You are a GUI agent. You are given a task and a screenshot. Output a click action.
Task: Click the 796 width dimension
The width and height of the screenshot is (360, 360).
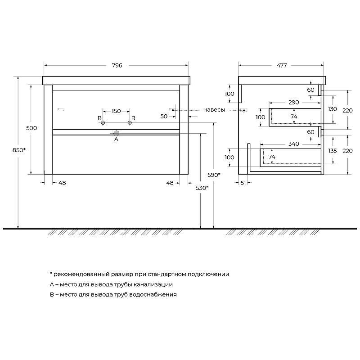(117, 65)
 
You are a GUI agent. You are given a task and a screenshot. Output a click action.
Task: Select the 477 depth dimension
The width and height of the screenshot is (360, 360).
(282, 65)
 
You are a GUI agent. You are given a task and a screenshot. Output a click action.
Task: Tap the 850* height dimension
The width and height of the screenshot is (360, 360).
(19, 150)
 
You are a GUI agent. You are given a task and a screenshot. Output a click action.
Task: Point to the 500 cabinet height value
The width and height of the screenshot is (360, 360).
(31, 128)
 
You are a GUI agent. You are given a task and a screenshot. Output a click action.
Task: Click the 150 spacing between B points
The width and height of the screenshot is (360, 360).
(116, 111)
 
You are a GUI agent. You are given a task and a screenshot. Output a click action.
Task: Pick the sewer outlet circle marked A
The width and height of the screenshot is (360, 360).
(117, 133)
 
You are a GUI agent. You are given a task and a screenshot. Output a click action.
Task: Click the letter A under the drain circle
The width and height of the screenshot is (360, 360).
(116, 139)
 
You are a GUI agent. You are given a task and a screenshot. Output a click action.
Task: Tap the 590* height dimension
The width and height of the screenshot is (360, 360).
(214, 175)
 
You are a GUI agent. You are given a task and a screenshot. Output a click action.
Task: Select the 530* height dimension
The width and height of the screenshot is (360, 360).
(202, 188)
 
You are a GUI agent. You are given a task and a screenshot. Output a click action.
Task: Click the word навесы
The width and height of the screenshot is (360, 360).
(214, 110)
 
